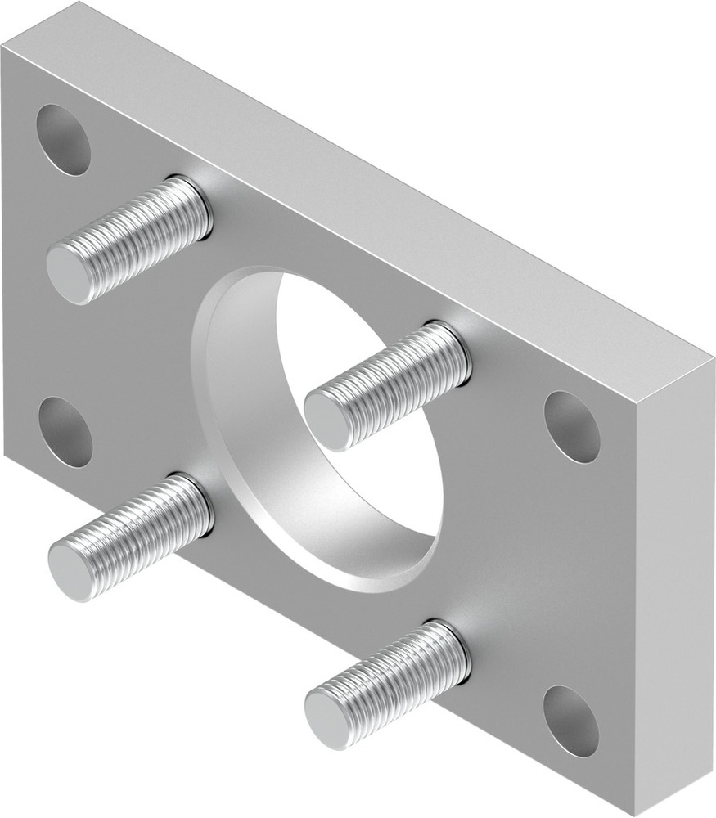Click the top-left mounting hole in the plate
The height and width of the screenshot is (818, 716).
[x=63, y=139]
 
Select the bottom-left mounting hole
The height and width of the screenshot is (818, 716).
[x=65, y=432]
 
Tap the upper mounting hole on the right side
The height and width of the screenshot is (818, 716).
[x=572, y=426]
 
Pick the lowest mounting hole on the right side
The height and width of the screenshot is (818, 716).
[x=570, y=720]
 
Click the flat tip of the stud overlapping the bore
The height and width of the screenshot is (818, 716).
[x=328, y=420]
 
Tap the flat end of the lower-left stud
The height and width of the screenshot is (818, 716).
[x=71, y=571]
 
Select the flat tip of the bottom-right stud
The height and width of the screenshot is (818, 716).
[x=328, y=717]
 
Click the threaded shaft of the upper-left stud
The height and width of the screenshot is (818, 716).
[x=139, y=233]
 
